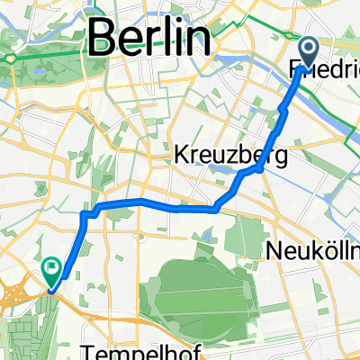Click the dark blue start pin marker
coord(307,53)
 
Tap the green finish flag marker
coord(51,269)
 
